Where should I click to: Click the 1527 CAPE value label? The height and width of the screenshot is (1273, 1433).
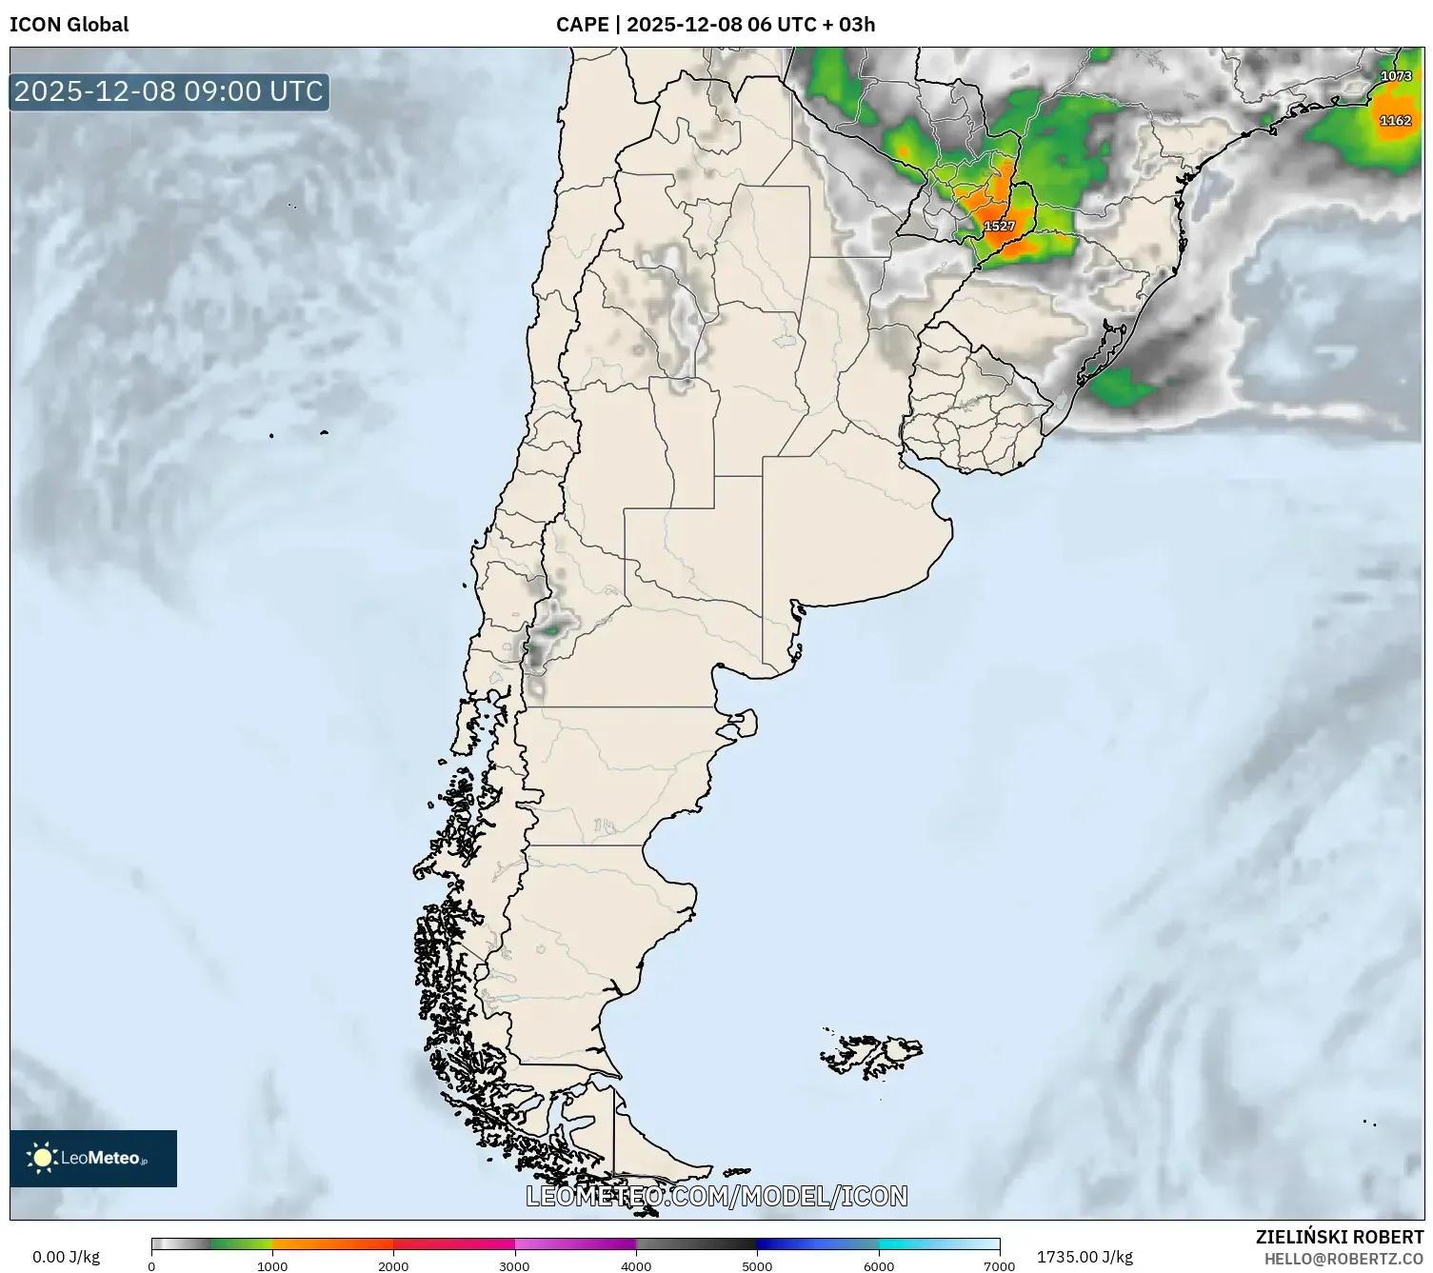point(999,227)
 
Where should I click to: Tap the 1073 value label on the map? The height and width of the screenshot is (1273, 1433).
point(1396,76)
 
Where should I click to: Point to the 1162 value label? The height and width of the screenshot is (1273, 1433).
point(1395,121)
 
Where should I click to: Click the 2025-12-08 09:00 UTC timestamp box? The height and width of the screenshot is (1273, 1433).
point(169,91)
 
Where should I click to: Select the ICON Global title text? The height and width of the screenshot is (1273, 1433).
point(69,25)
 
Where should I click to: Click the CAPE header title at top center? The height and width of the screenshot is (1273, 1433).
point(715,25)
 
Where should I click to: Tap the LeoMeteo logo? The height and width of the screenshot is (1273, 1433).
point(93,1158)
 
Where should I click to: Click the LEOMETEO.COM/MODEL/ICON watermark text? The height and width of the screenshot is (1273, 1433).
point(716,1196)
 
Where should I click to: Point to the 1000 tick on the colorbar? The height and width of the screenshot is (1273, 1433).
point(272,1265)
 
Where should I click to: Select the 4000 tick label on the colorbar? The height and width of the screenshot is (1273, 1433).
point(636,1265)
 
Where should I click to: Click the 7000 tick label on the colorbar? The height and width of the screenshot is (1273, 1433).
point(999,1265)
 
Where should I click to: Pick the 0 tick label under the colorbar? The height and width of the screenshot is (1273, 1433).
point(151,1265)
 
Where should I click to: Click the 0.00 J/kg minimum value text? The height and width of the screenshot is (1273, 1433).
point(66,1257)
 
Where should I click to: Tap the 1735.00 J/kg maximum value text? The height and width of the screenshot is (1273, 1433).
point(1085,1257)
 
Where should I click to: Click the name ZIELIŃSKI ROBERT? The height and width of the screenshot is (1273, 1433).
point(1339,1237)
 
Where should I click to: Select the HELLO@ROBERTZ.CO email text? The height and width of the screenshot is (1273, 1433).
point(1343,1259)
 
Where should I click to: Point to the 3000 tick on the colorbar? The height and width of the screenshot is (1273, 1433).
point(515,1265)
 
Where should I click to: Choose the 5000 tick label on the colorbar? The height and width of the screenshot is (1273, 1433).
point(757,1265)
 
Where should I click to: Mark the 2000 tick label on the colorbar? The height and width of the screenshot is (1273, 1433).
point(393,1265)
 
